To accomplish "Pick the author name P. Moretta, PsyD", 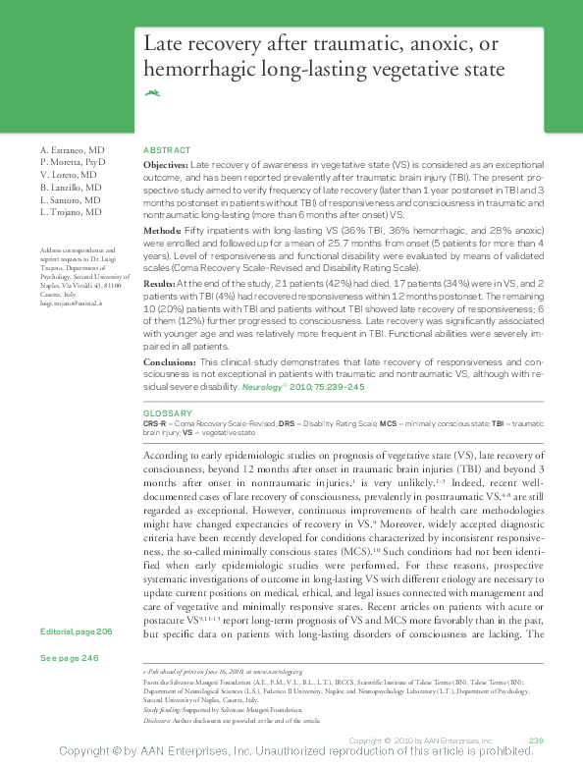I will click(x=73, y=160).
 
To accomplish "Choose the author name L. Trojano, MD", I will click(x=70, y=212).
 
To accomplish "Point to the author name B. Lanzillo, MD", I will click(x=71, y=187).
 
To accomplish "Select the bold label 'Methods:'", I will click(x=162, y=229).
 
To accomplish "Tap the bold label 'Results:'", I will click(x=160, y=282).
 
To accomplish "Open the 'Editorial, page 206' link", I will click(x=77, y=630).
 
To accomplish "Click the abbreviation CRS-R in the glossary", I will click(x=155, y=423).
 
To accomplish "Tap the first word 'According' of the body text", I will click(x=167, y=457).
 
